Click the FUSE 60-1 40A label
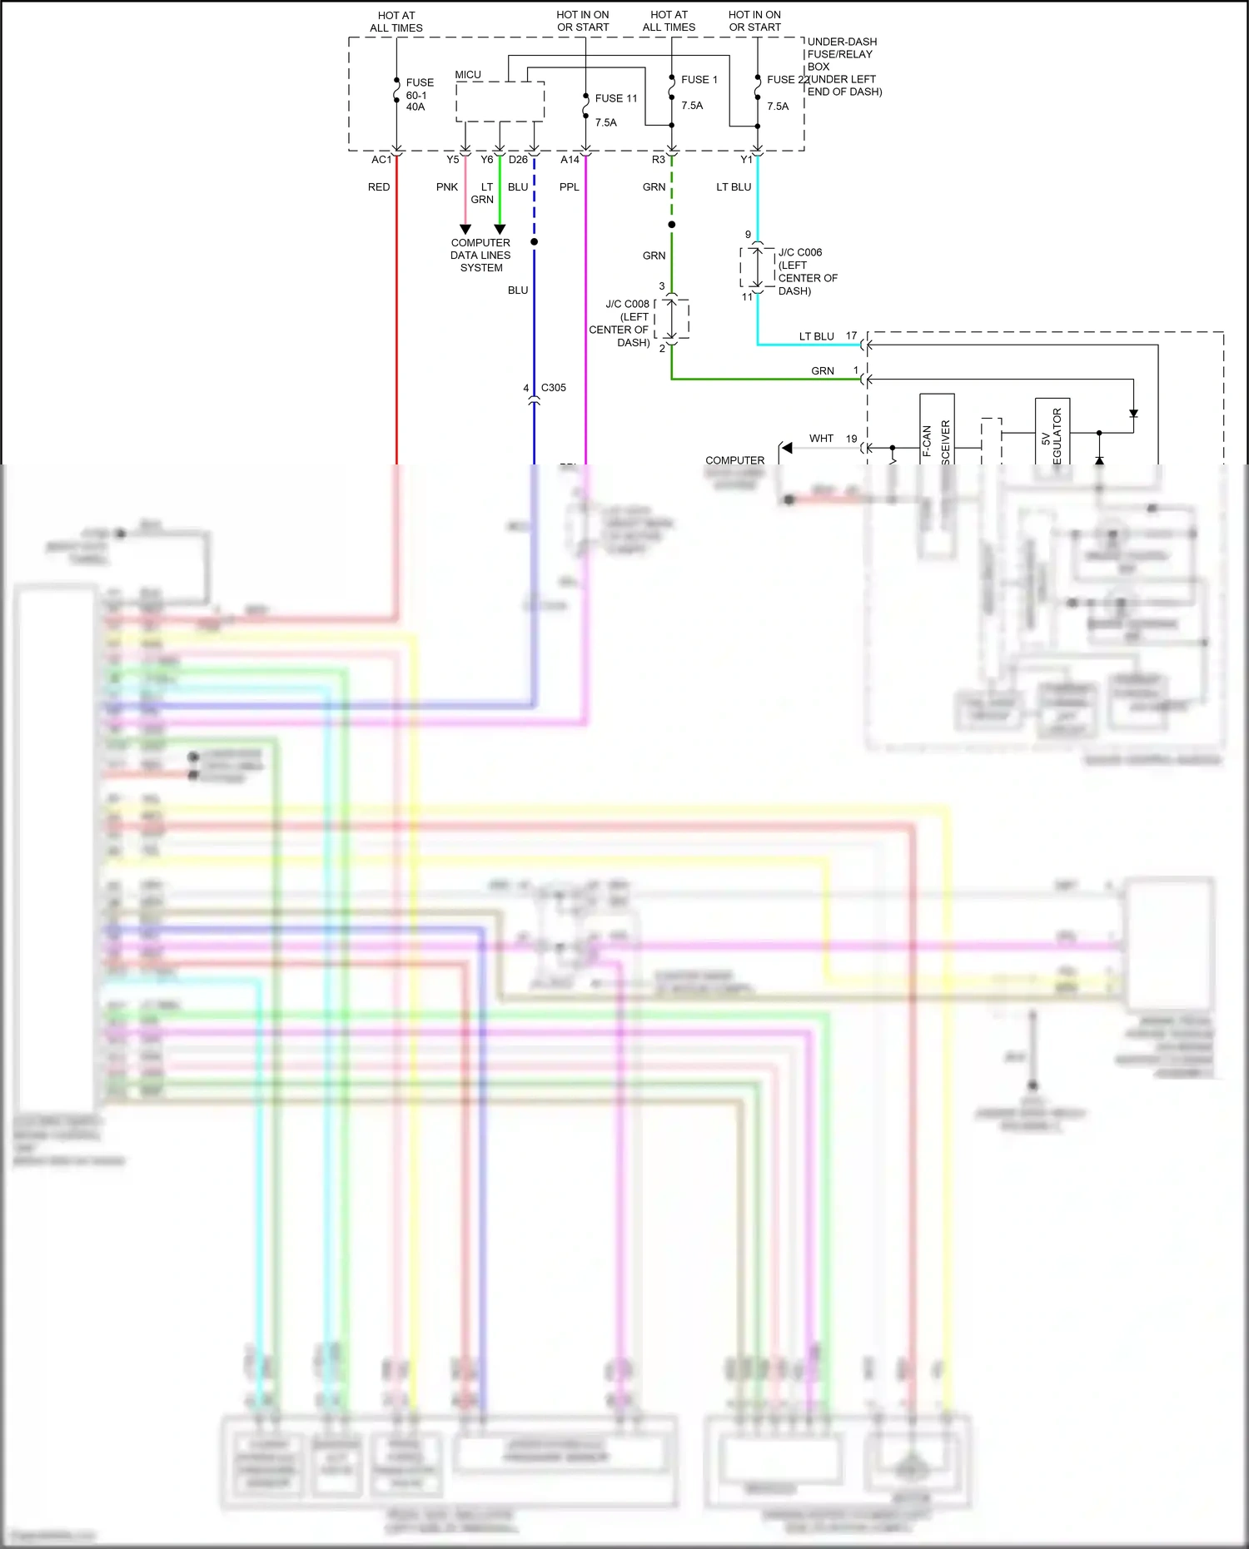tap(420, 95)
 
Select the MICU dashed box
tap(500, 102)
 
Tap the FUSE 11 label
tap(616, 98)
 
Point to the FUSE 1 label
tap(699, 80)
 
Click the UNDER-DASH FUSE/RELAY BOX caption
tap(843, 66)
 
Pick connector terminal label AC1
tap(381, 160)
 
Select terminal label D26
tap(518, 160)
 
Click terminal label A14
tap(570, 160)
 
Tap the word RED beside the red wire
tap(379, 187)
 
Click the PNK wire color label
tap(447, 187)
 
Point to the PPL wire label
tap(570, 187)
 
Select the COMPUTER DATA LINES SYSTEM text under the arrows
tap(480, 256)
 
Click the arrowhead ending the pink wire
tap(465, 229)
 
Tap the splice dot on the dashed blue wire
tap(535, 242)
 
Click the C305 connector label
tap(554, 388)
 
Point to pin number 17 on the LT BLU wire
tap(851, 336)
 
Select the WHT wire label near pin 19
tap(821, 439)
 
